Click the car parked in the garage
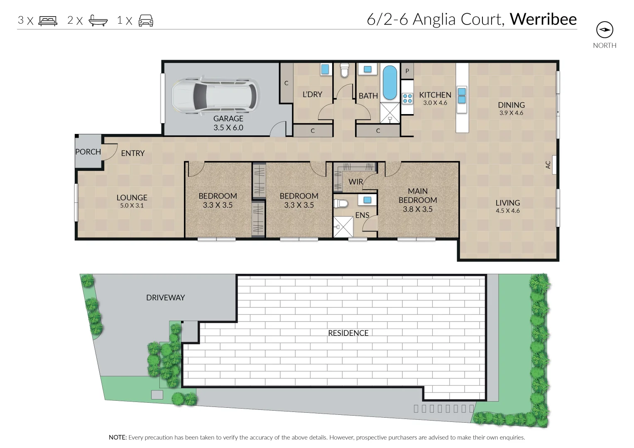pyautogui.click(x=214, y=95)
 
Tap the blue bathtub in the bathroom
pyautogui.click(x=389, y=82)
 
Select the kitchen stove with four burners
pyautogui.click(x=407, y=98)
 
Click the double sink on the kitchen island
pyautogui.click(x=462, y=95)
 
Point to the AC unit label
pyautogui.click(x=548, y=165)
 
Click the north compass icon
pyautogui.click(x=605, y=30)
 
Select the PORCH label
pyautogui.click(x=88, y=152)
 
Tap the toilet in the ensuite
pyautogui.click(x=341, y=204)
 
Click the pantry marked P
pyautogui.click(x=407, y=71)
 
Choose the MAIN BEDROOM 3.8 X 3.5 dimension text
pyautogui.click(x=418, y=209)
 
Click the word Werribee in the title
pyautogui.click(x=543, y=19)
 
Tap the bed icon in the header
pyautogui.click(x=48, y=20)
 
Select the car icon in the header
pyautogui.click(x=146, y=20)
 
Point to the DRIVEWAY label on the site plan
pyautogui.click(x=165, y=297)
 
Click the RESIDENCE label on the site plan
pyautogui.click(x=348, y=333)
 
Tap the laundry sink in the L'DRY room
pyautogui.click(x=325, y=69)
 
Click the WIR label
pyautogui.click(x=356, y=182)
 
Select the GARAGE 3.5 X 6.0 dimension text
pyautogui.click(x=228, y=128)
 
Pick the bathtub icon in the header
pyautogui.click(x=98, y=20)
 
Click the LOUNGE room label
pyautogui.click(x=132, y=198)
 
